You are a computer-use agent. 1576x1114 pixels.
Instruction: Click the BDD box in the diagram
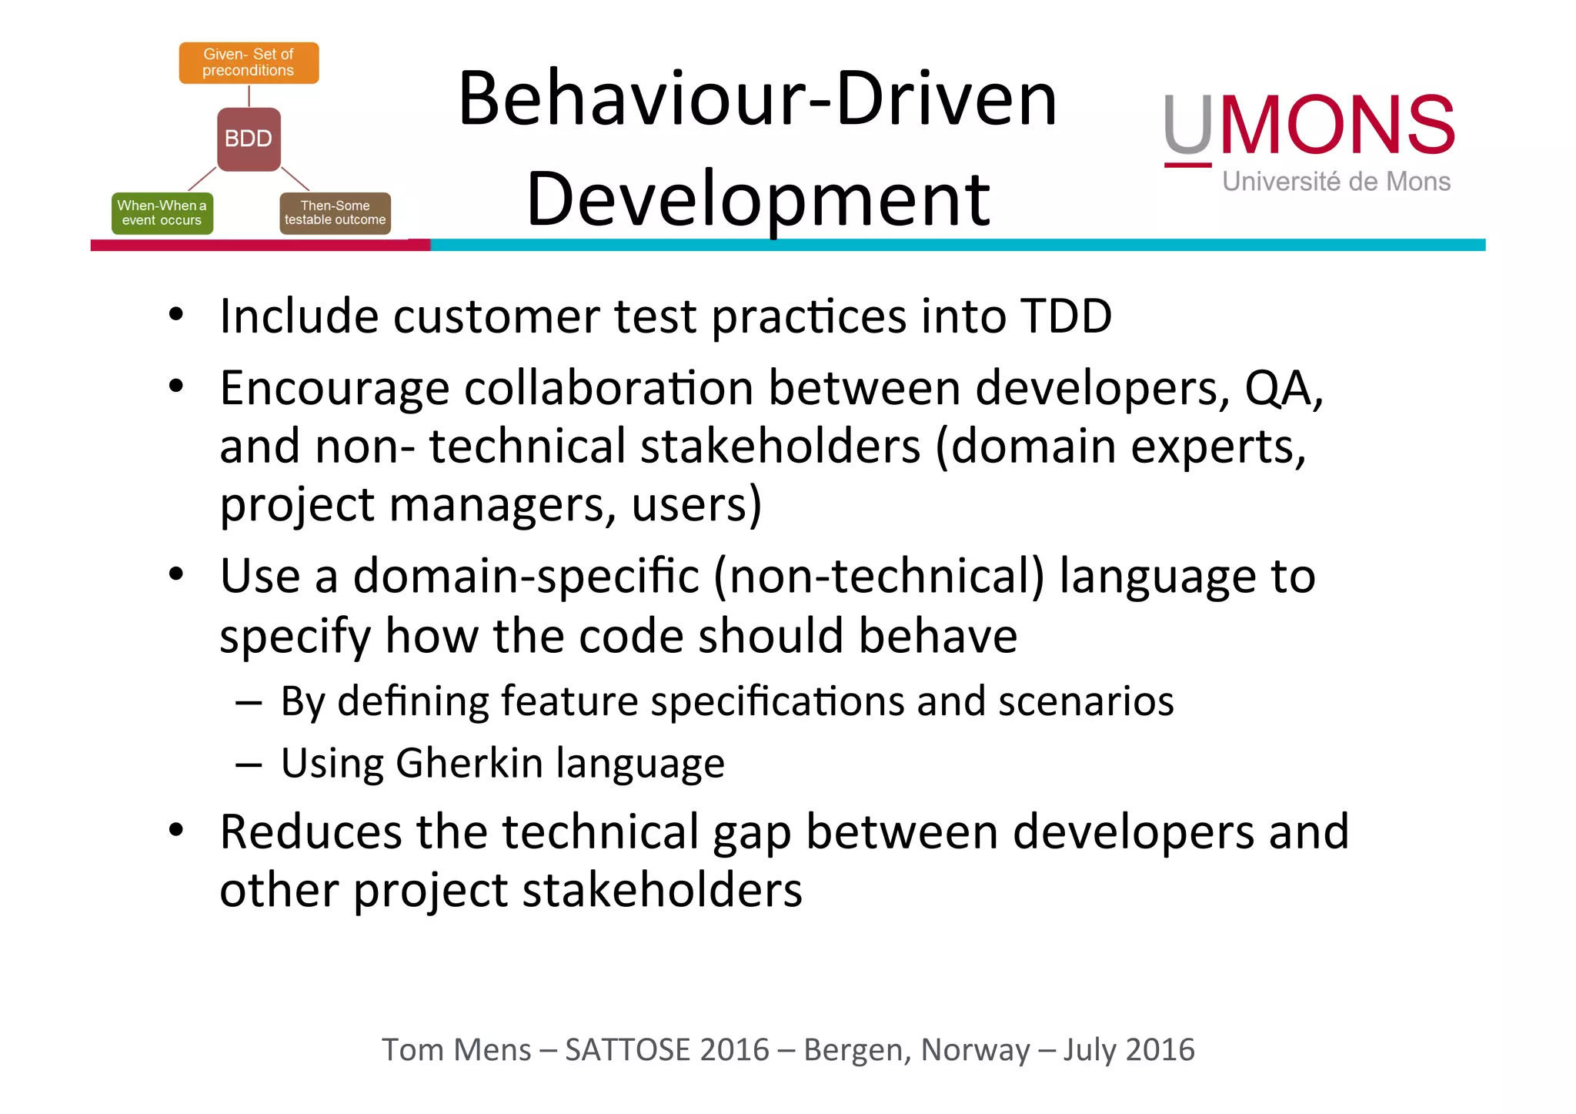[x=249, y=139]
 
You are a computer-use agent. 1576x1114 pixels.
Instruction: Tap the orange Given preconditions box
[x=249, y=62]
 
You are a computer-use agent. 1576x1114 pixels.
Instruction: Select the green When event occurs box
[x=162, y=212]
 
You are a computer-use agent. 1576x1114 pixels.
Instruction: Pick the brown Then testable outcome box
[x=335, y=212]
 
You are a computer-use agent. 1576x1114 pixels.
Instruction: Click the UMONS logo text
[x=1308, y=125]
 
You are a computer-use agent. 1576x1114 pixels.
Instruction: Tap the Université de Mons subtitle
[x=1336, y=182]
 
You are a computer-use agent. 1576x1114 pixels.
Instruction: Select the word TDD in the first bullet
[x=1066, y=316]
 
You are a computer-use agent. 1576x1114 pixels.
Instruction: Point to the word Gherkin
[x=470, y=763]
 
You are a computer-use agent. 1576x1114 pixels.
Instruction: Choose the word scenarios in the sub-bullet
[x=1086, y=701]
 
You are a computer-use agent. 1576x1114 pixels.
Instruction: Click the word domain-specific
[x=526, y=576]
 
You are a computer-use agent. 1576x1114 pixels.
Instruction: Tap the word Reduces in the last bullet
[x=311, y=831]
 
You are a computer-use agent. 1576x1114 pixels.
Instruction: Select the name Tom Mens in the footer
[x=456, y=1050]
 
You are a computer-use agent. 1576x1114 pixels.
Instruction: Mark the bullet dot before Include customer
[x=176, y=315]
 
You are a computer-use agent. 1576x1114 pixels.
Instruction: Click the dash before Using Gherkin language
[x=249, y=764]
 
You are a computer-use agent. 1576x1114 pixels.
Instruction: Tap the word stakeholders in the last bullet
[x=662, y=891]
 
